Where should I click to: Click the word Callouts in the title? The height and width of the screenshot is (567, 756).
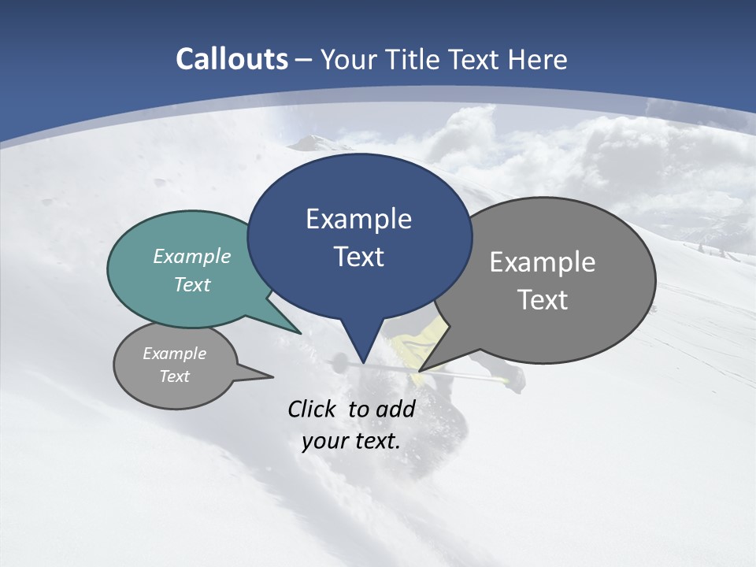[232, 59]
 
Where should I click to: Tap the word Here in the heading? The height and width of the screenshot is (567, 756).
[538, 59]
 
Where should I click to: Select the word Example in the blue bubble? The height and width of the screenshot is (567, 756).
[358, 219]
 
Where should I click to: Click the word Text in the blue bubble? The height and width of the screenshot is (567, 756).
[358, 257]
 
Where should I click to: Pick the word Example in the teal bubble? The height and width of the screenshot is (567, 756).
[192, 256]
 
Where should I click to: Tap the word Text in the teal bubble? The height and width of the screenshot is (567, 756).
[192, 284]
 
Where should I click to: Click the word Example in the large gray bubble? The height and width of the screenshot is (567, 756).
[543, 262]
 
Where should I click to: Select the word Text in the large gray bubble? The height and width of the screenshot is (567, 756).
[543, 300]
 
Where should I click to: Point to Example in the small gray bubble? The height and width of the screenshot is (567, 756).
[174, 354]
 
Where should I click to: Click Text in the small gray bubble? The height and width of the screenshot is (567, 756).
[174, 376]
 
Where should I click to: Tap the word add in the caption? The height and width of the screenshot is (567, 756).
[395, 409]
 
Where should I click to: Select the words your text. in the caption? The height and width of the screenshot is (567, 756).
[350, 441]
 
